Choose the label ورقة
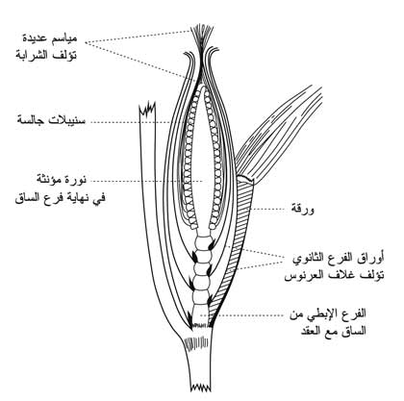tap(302, 210)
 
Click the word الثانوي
tap(310, 259)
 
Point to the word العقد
tap(312, 331)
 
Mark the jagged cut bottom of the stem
tap(201, 387)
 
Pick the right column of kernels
tap(215, 157)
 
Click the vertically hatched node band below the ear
tap(196, 344)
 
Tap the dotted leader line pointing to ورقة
tap(268, 209)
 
